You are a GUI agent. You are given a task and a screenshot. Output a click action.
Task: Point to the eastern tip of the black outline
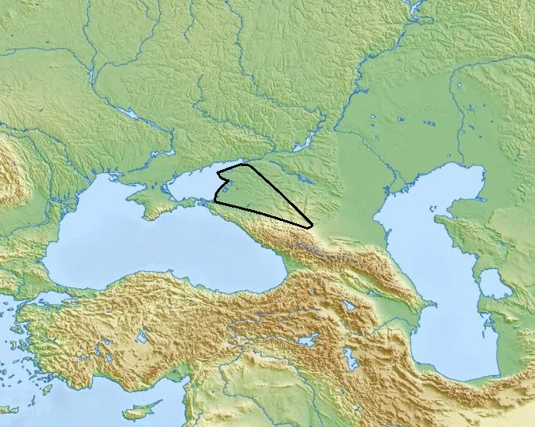312,226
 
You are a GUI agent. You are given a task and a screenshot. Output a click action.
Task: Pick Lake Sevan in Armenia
349,305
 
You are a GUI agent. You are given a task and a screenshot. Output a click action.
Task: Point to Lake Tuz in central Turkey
141,338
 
